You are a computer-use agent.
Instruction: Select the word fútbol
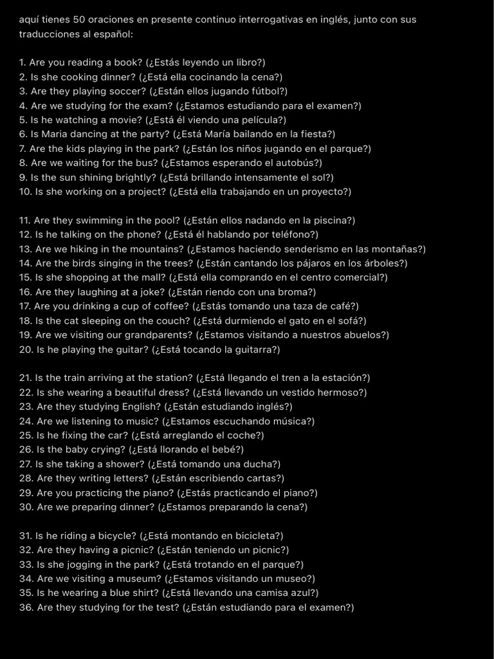coord(269,91)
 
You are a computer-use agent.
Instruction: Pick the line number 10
coord(26,192)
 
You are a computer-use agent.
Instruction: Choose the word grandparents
coord(158,335)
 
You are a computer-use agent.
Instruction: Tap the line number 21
coord(26,378)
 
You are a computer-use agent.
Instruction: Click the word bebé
coord(227,449)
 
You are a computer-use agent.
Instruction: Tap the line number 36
coord(26,607)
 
